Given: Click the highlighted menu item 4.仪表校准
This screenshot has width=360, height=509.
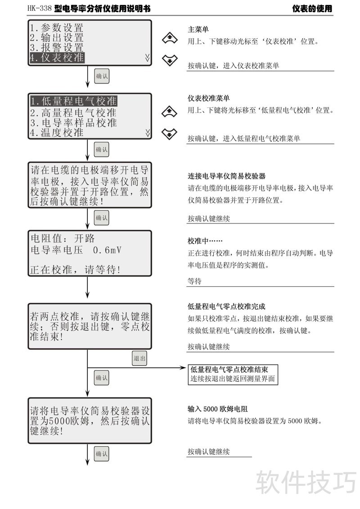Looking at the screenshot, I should coord(57,57).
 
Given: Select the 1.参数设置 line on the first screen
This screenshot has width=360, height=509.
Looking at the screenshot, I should coord(57,28).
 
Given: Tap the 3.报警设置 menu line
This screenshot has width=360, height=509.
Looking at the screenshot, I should coord(57,47).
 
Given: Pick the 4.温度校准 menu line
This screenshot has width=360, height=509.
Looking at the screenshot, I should coord(57,133).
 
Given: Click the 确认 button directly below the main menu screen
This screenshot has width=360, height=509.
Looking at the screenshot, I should coord(102,76).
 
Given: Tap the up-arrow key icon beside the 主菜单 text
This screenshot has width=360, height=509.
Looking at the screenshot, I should coord(170,39).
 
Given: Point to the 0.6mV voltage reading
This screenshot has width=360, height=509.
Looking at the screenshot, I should coord(107,250).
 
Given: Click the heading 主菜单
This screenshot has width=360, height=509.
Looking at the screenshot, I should coord(198,30).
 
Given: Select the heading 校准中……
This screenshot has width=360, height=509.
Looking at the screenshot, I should coord(205,241).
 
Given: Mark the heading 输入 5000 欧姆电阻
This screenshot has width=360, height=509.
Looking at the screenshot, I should coord(218,409).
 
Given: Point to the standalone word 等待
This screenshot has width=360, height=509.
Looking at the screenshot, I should coord(194,281).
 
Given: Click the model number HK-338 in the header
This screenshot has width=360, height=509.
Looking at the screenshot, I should coord(40,9).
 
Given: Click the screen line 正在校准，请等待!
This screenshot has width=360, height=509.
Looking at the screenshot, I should coord(75,270).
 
